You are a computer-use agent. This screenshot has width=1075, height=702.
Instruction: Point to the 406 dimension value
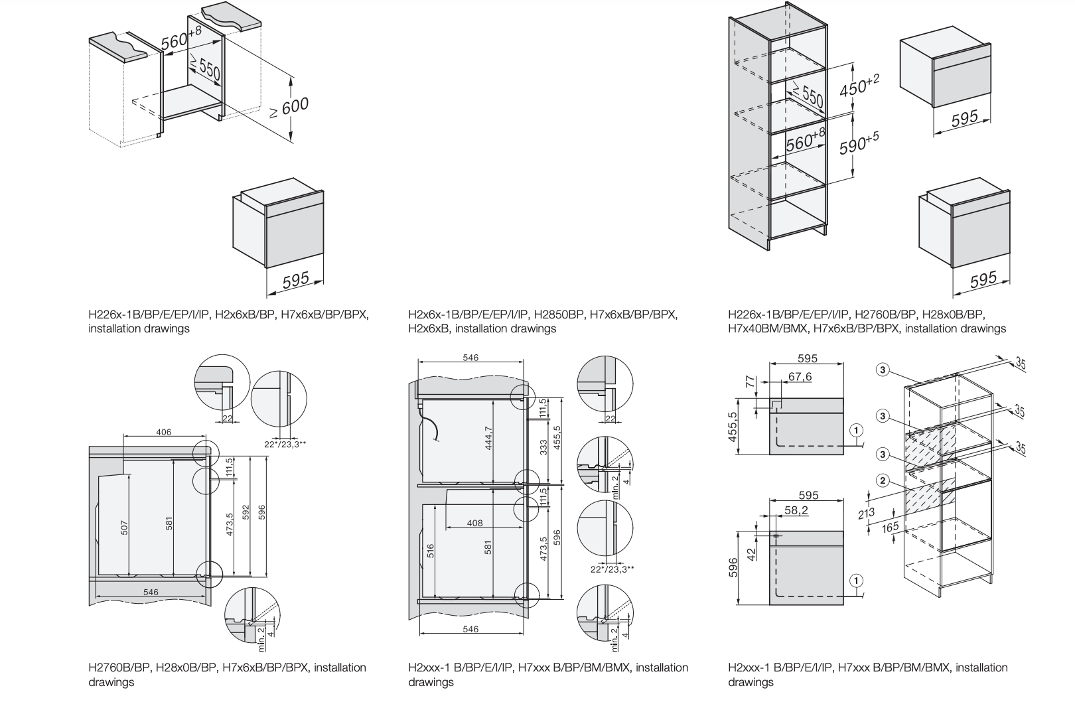click(x=164, y=433)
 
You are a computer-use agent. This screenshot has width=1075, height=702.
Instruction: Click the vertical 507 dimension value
click(x=125, y=527)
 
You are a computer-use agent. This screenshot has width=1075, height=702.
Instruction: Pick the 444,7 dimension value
click(x=489, y=439)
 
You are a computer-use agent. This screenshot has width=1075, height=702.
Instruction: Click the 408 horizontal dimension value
click(x=475, y=523)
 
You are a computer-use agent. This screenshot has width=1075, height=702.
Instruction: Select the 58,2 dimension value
click(x=796, y=511)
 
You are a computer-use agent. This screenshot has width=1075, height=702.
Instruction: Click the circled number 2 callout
click(x=882, y=480)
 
